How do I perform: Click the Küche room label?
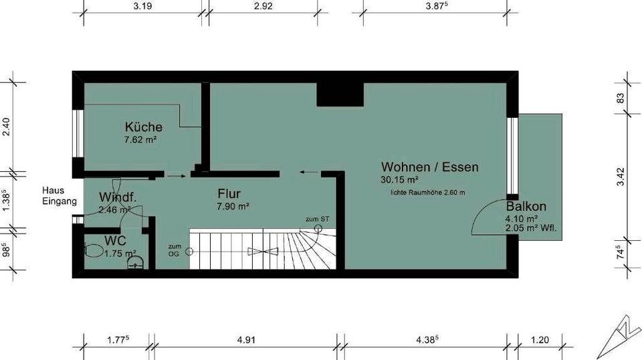(x=143, y=127)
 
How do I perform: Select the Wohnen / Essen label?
(x=429, y=167)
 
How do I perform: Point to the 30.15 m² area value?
(x=400, y=180)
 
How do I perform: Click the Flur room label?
(x=229, y=194)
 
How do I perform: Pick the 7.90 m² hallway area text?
(x=233, y=207)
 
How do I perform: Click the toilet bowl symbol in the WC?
(x=93, y=251)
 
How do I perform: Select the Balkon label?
(x=526, y=206)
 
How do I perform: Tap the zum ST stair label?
(x=317, y=219)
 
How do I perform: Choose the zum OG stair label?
(x=175, y=250)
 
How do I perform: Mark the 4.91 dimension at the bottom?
(x=247, y=340)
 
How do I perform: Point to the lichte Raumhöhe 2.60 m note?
(x=428, y=193)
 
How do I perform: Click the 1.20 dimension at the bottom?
(x=539, y=340)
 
